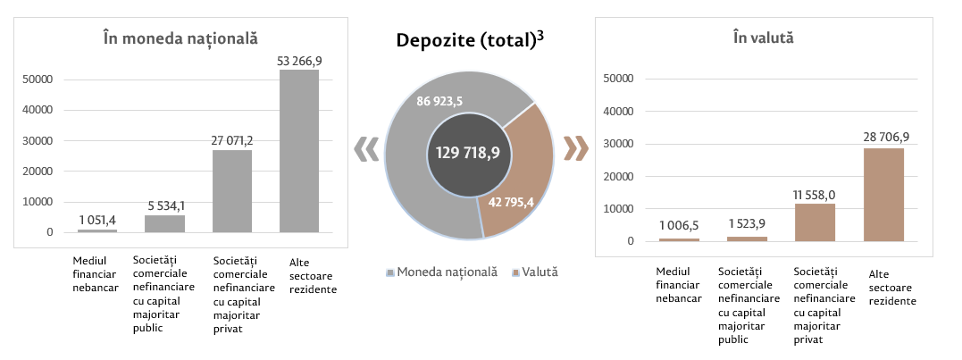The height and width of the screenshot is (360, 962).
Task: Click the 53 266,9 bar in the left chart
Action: coord(299,151)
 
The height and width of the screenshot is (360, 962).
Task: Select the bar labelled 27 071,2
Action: coord(231,191)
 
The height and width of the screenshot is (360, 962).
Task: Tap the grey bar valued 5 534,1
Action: coord(164,223)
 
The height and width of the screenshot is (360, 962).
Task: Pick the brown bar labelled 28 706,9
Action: coord(883,195)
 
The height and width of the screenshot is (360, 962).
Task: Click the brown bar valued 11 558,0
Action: coord(814,222)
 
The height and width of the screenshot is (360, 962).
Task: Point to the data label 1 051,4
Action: coord(97,219)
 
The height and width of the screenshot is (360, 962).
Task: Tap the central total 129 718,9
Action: coord(468,153)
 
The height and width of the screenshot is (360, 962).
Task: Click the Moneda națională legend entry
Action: coord(440,271)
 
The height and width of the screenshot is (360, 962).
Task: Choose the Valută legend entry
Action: coord(535,271)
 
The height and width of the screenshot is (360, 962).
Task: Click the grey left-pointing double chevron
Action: coord(364,149)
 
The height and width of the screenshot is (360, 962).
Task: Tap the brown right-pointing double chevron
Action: coord(576,148)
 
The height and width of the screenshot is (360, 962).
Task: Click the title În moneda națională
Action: coord(180,38)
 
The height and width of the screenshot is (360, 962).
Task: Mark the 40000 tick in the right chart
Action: coord(619,111)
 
